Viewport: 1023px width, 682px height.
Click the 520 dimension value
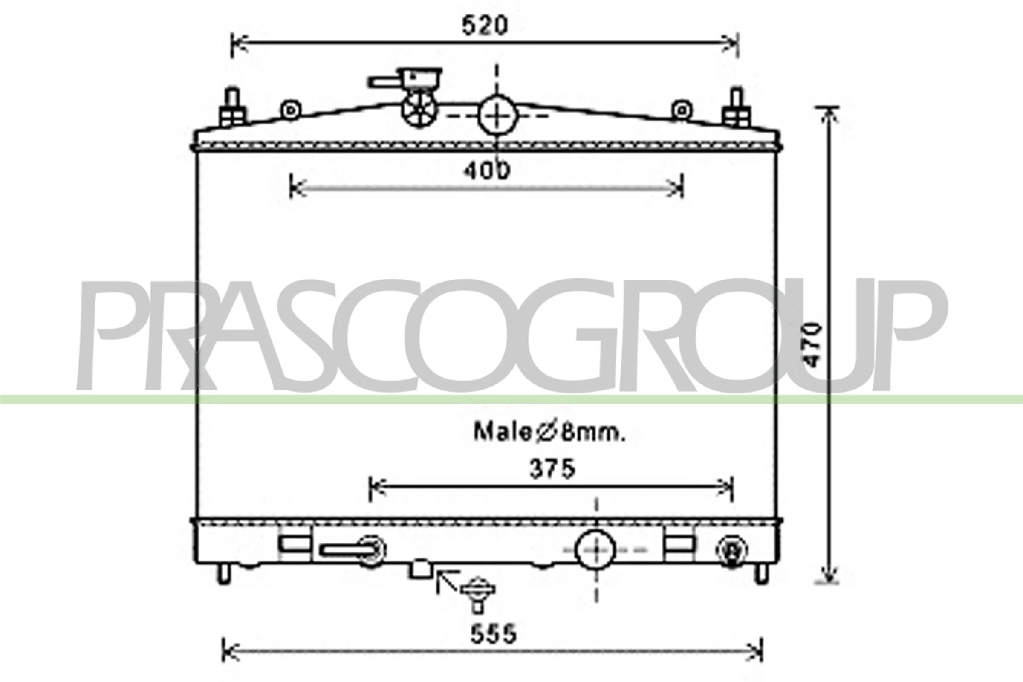484,26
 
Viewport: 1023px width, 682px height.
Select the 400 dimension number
486,170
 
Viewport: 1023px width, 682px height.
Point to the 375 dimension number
552,469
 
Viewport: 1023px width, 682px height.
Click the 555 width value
493,634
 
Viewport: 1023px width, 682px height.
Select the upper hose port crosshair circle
497,116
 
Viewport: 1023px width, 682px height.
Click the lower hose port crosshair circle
595,550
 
